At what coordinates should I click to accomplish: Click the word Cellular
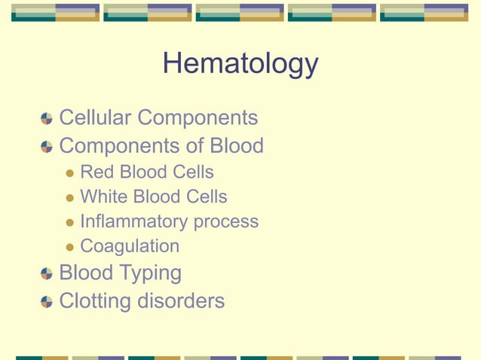point(96,118)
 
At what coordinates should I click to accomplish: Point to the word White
point(104,197)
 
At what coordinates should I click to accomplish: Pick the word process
point(226,223)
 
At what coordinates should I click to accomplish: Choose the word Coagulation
point(130,246)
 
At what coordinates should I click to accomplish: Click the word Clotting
point(95,301)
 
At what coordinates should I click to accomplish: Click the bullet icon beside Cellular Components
point(47,119)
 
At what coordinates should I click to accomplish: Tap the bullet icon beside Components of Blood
point(47,146)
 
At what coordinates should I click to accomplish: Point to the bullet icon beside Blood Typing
point(47,273)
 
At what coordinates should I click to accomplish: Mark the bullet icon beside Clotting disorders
point(47,301)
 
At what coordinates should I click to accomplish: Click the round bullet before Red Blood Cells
point(70,173)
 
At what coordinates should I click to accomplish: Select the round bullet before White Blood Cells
point(70,198)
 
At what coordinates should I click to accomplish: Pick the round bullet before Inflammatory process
point(70,223)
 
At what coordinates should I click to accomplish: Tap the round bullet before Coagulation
point(70,247)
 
